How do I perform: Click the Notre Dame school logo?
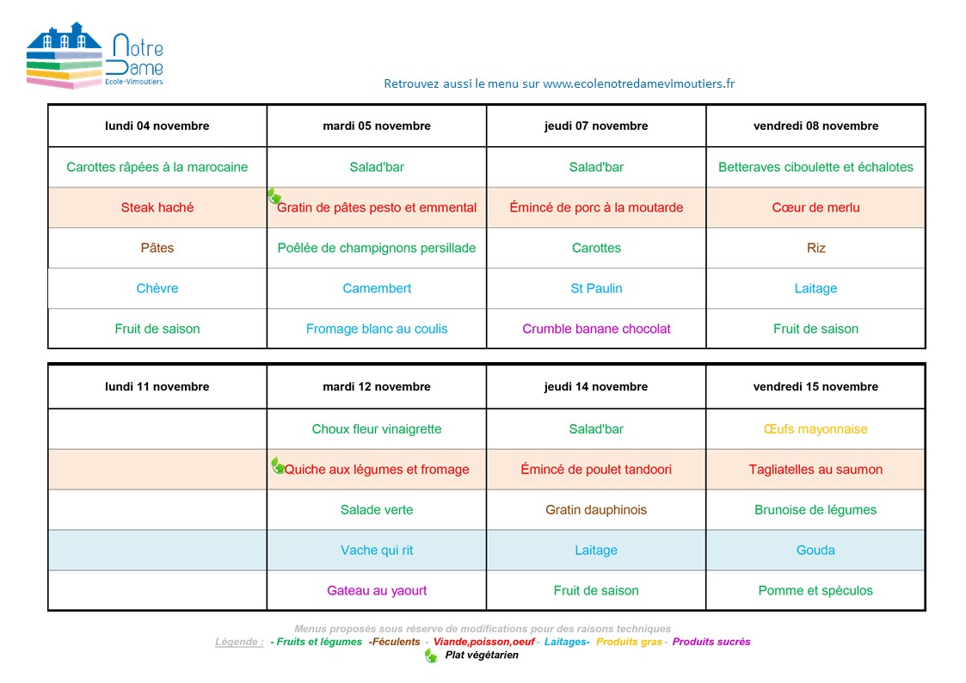pyautogui.click(x=95, y=57)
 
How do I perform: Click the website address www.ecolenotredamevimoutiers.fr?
pyautogui.click(x=638, y=83)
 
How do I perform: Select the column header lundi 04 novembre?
pyautogui.click(x=157, y=126)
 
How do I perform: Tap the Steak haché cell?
pyautogui.click(x=157, y=207)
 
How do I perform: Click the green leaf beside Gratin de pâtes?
pyautogui.click(x=274, y=197)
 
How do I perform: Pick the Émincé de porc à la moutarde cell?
pyautogui.click(x=596, y=207)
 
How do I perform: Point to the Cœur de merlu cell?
pyautogui.click(x=815, y=207)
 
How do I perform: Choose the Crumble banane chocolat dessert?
pyautogui.click(x=596, y=329)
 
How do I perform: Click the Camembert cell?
pyautogui.click(x=377, y=288)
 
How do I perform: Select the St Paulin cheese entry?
pyautogui.click(x=596, y=288)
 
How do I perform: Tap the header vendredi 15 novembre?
pyautogui.click(x=815, y=387)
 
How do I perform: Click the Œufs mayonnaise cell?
pyautogui.click(x=815, y=429)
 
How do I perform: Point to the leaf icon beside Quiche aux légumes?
pyautogui.click(x=277, y=465)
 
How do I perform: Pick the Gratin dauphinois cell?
pyautogui.click(x=596, y=510)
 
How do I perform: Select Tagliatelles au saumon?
pyautogui.click(x=815, y=470)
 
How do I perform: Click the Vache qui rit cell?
pyautogui.click(x=377, y=551)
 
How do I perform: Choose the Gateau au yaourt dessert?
pyautogui.click(x=377, y=591)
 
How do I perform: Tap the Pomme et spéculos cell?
pyautogui.click(x=815, y=591)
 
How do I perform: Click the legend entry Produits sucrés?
pyautogui.click(x=711, y=642)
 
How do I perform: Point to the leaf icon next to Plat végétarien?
pyautogui.click(x=431, y=655)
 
